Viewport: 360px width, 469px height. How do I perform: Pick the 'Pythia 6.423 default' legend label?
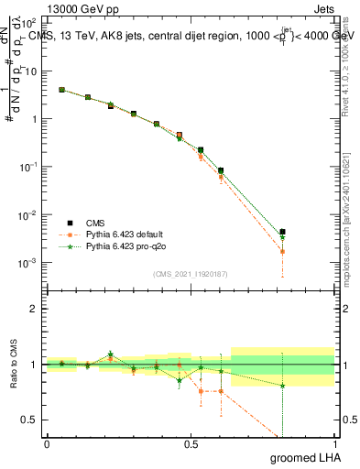pos(124,234)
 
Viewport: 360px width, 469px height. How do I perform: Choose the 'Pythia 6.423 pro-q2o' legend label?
pos(129,246)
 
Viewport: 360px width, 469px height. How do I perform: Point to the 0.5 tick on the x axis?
pos(191,443)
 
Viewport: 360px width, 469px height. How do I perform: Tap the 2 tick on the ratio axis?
pos(33,309)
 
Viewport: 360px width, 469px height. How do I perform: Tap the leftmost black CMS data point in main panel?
pos(61,90)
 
